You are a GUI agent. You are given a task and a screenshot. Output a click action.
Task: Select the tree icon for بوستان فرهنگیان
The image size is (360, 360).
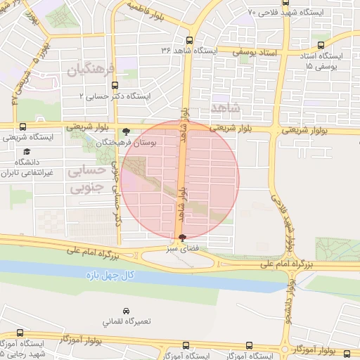pyautogui.click(x=126, y=131)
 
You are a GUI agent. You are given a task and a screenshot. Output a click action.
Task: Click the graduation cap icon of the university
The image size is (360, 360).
pyautogui.click(x=27, y=151)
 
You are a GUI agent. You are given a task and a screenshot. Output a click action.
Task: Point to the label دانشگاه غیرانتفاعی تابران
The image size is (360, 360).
pyautogui.click(x=28, y=167)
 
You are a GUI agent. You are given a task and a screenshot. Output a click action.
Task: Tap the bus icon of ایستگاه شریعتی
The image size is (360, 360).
pyautogui.click(x=24, y=127)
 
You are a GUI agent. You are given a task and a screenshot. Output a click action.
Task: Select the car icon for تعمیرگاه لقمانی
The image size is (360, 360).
pyautogui.click(x=126, y=310)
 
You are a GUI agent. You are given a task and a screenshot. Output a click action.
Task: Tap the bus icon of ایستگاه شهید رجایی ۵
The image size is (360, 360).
pyautogui.click(x=20, y=334)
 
